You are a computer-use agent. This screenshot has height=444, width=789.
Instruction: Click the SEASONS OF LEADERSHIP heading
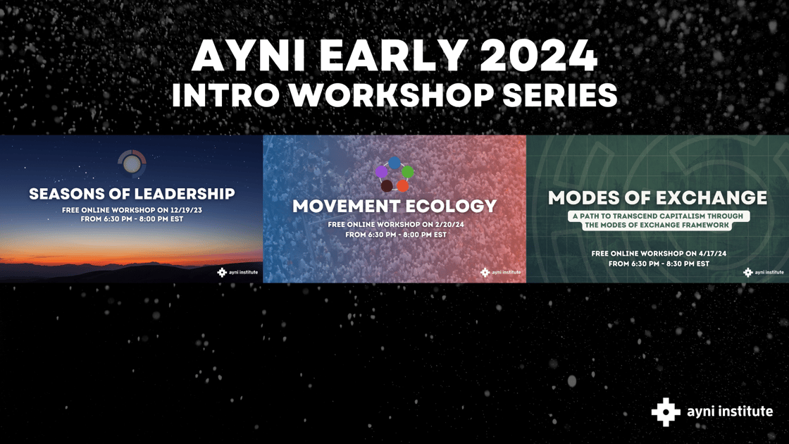132,193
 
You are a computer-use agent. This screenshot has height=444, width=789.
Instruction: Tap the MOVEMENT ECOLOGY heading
394,206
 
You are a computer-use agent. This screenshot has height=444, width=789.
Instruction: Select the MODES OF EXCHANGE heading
657,197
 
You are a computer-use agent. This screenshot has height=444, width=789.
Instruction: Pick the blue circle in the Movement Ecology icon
394,163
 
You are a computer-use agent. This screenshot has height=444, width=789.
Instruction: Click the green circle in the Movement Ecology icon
408,172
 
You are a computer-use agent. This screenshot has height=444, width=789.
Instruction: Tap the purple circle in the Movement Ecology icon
381,172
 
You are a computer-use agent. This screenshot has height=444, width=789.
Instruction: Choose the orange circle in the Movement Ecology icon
402,186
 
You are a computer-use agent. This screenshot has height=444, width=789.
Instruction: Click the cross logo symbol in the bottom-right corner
665,412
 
